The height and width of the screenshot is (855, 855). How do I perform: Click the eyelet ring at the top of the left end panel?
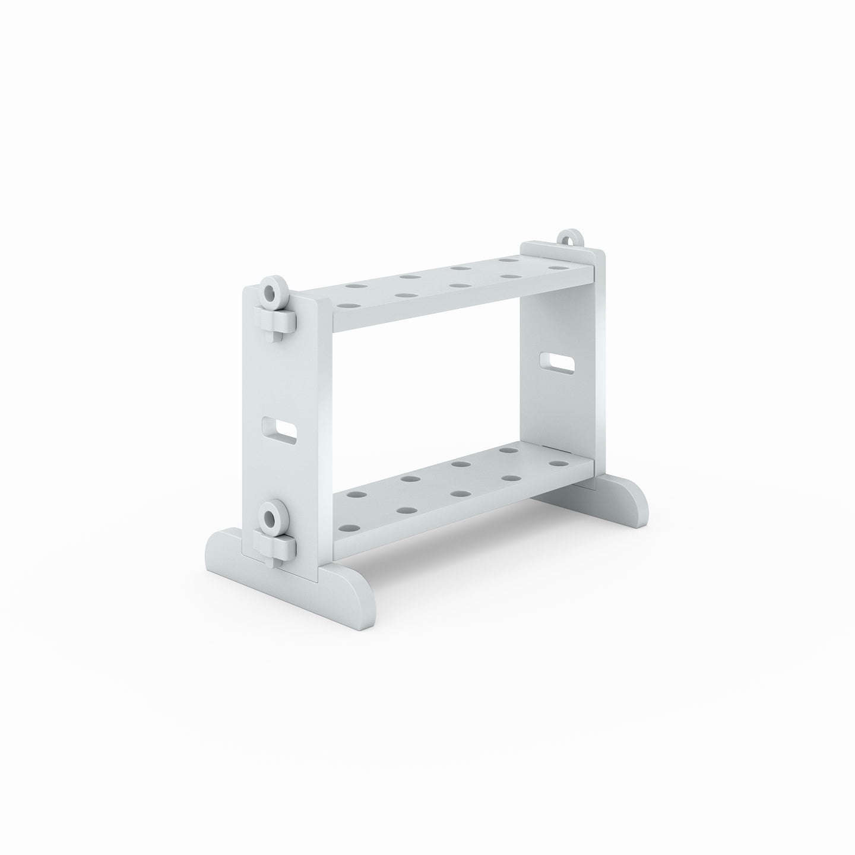coord(273,292)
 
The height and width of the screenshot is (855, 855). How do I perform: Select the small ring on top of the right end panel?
coord(570,237)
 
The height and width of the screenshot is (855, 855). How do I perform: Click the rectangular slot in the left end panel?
coord(279,430)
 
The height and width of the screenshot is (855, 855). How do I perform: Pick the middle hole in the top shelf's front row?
coord(458,286)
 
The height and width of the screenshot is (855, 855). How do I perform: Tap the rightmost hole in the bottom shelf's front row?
coord(556,463)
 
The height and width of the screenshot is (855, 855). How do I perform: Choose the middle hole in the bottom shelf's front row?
coord(458,493)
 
